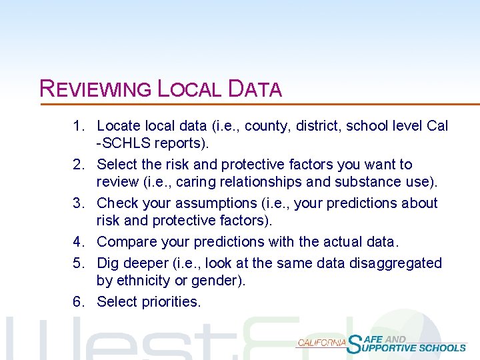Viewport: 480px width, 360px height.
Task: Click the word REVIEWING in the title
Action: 96,89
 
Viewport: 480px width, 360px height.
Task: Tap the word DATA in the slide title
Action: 255,89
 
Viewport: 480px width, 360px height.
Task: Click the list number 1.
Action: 78,126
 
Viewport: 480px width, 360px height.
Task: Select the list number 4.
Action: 78,242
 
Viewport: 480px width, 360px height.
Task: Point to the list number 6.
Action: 78,302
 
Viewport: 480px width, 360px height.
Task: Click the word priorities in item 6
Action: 171,302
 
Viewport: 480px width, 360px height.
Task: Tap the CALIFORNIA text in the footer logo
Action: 322,343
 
